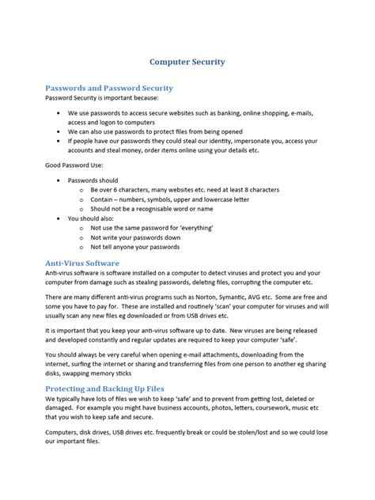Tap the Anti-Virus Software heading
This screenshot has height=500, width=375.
(81, 262)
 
